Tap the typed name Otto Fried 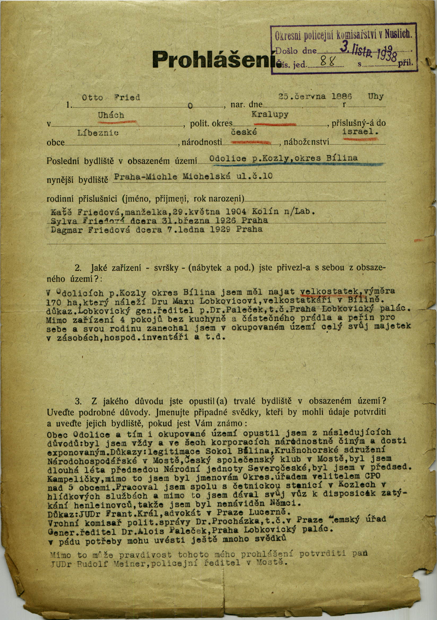(x=111, y=97)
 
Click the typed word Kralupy (x=270, y=115)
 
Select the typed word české (x=243, y=133)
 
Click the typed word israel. (x=360, y=132)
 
